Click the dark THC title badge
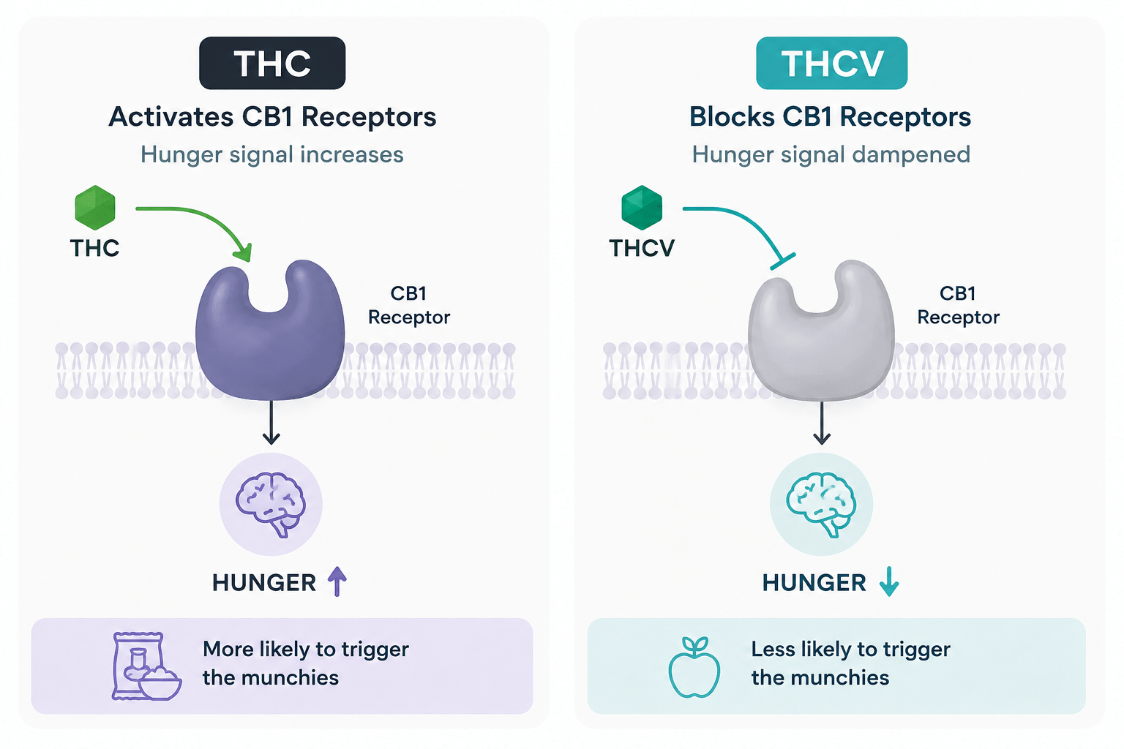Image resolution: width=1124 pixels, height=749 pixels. tap(272, 63)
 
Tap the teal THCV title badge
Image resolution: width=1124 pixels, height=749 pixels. tap(831, 63)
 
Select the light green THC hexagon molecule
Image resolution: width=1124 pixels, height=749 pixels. tap(95, 208)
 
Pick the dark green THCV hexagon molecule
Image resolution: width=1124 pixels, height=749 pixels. tap(642, 208)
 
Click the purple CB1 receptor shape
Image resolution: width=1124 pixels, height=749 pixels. tap(270, 346)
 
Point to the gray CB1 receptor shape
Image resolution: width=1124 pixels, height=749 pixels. tap(821, 346)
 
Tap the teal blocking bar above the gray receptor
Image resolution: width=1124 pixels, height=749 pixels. tap(783, 261)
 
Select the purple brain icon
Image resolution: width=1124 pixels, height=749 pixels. tap(271, 504)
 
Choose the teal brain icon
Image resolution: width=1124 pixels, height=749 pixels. tap(822, 504)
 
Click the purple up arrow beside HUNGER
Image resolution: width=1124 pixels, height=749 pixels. tap(337, 581)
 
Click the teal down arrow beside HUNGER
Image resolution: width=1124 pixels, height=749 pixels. tap(889, 581)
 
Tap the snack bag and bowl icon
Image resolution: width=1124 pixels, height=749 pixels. tap(146, 666)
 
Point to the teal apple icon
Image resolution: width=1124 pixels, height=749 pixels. tap(694, 667)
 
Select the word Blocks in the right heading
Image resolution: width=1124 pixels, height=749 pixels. tap(732, 117)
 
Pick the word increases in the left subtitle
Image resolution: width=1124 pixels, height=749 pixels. tap(352, 154)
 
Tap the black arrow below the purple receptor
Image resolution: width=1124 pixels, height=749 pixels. tap(271, 423)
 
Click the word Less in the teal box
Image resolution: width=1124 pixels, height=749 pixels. tap(773, 650)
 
